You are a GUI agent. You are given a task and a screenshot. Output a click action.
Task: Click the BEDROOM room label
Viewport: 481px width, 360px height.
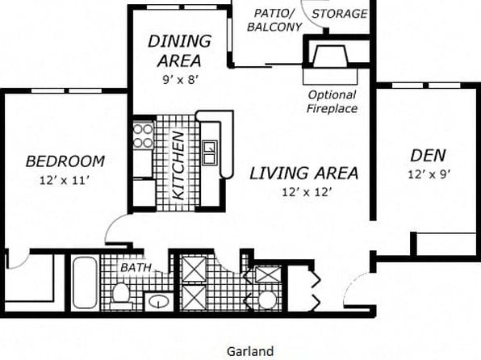(x=65, y=161)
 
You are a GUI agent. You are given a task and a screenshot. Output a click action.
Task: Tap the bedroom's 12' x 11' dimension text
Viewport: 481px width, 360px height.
(x=65, y=181)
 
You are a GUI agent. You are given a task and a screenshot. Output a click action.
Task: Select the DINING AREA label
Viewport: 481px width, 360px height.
(x=180, y=51)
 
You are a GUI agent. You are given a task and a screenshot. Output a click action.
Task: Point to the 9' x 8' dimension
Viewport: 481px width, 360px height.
(x=181, y=80)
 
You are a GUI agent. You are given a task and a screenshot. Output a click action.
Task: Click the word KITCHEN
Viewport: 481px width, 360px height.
(x=178, y=165)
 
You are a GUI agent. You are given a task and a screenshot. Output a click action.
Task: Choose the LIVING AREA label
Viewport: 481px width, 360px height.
(x=303, y=173)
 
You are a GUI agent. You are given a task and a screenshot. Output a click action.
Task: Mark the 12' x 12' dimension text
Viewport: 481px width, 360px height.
(x=307, y=192)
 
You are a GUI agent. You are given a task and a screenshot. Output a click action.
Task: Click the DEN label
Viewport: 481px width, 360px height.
(x=429, y=155)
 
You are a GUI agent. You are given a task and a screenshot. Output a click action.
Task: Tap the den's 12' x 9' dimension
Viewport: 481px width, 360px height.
(x=429, y=174)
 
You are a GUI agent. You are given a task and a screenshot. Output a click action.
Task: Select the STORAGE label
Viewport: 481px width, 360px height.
(x=340, y=14)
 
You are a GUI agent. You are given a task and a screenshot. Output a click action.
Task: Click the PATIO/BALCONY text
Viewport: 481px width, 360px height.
(x=274, y=20)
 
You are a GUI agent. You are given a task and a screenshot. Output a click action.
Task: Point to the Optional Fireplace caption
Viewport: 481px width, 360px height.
(x=333, y=102)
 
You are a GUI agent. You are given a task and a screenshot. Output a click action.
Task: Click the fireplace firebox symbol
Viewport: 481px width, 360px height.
(x=330, y=56)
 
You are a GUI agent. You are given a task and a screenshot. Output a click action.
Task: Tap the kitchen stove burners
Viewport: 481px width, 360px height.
(x=143, y=136)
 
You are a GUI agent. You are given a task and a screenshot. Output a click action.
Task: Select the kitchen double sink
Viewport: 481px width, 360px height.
(x=211, y=153)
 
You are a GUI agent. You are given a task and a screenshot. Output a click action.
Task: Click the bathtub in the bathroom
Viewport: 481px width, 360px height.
(x=85, y=283)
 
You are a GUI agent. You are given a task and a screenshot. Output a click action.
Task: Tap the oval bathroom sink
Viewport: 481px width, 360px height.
(x=159, y=302)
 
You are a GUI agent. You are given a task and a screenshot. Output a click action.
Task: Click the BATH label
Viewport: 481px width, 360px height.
(x=136, y=268)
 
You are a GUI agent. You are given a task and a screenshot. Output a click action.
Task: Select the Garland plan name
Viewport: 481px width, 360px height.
(x=250, y=351)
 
